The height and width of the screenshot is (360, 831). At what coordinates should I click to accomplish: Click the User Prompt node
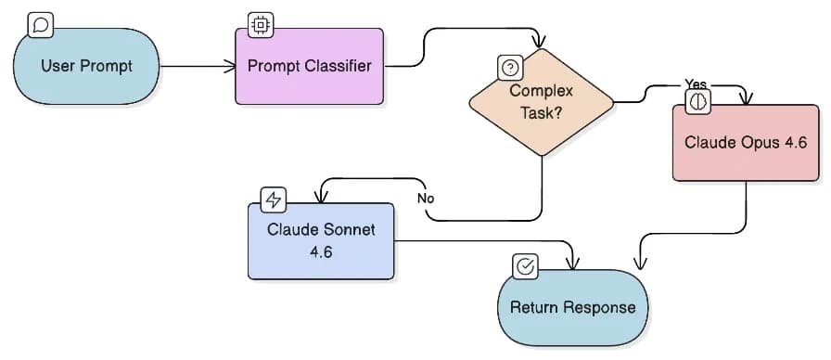pos(86,67)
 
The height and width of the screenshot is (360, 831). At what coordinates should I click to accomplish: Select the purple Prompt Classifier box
pos(309,66)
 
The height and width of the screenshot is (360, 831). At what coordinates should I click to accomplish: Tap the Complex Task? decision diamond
pos(542,102)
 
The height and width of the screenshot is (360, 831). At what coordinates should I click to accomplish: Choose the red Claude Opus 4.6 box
pos(745,142)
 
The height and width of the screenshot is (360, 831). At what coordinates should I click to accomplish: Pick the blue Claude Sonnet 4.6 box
pos(321,239)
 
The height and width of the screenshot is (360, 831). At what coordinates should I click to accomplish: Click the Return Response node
pos(572,307)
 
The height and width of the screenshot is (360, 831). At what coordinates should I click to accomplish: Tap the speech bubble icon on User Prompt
pos(40,26)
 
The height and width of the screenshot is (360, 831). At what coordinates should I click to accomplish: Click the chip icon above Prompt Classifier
pos(260,25)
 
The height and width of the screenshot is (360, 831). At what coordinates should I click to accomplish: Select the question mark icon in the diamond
pos(510,67)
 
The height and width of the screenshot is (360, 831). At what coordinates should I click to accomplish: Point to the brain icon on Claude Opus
pos(697,103)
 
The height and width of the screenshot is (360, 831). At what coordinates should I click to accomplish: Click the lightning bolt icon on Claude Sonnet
pos(274,199)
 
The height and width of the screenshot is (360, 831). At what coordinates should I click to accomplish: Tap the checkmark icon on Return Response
pos(525,266)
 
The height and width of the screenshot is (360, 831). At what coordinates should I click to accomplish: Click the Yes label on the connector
pos(696,84)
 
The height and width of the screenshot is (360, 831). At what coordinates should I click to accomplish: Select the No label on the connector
pos(426,198)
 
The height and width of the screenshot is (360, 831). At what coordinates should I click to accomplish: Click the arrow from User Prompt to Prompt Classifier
pos(197,66)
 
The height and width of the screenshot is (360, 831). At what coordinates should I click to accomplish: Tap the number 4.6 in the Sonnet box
pos(321,251)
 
